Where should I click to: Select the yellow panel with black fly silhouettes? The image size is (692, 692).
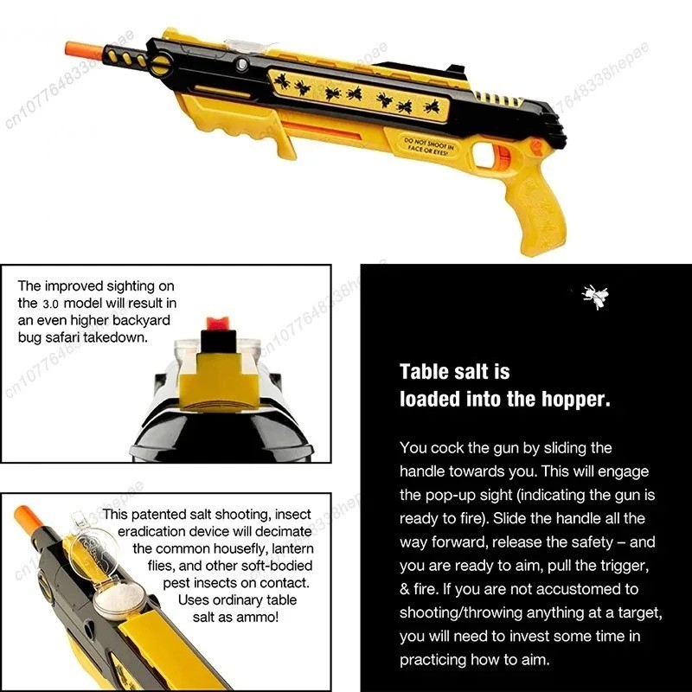pyautogui.click(x=359, y=93)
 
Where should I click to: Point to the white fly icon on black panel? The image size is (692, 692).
pyautogui.click(x=594, y=297)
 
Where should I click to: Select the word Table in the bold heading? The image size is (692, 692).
pyautogui.click(x=424, y=372)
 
